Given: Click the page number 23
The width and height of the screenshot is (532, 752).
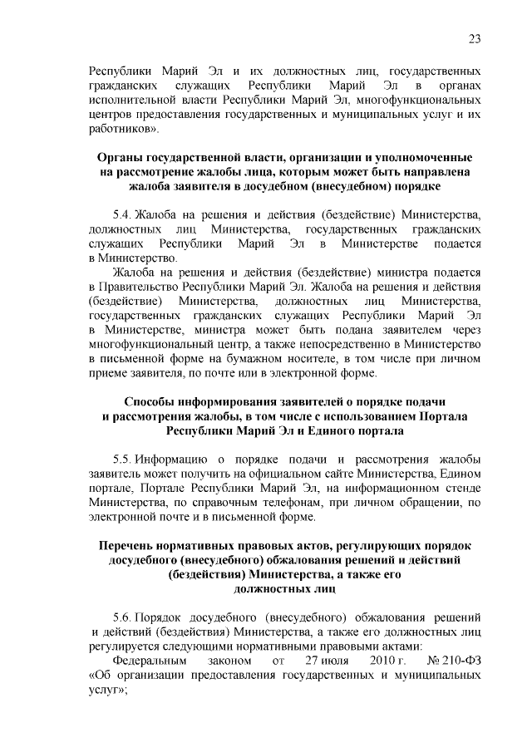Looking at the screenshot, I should [x=475, y=38].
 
